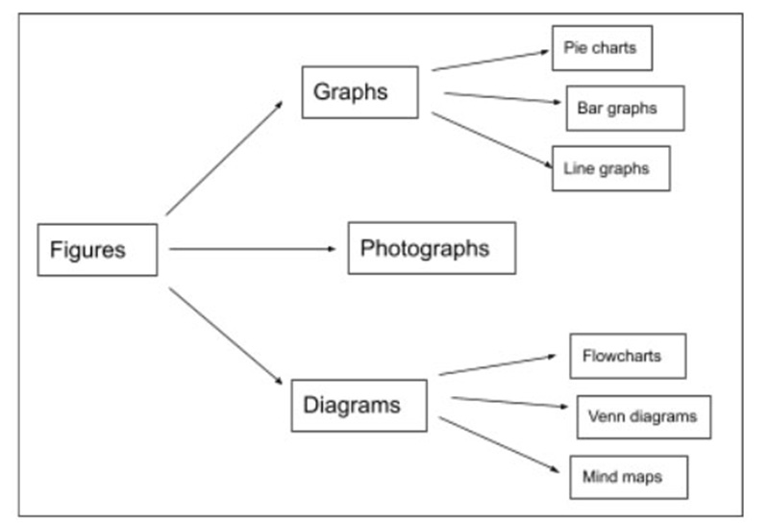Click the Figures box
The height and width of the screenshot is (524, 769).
[97, 250]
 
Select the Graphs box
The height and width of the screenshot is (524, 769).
[360, 92]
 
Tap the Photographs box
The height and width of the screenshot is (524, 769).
[431, 248]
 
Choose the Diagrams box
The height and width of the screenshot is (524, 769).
[359, 405]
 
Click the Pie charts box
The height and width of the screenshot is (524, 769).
[602, 48]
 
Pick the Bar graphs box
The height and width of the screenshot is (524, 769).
[625, 108]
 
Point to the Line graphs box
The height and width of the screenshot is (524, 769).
[610, 169]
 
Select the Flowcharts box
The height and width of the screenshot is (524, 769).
[628, 357]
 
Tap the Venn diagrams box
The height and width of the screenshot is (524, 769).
[643, 417]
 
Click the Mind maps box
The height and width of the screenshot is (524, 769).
[628, 477]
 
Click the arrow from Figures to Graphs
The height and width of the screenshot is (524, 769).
[224, 158]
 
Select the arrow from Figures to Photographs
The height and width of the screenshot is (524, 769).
[252, 249]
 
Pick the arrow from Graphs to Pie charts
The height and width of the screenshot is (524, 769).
[490, 61]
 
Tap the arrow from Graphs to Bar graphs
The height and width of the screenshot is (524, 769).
[502, 97]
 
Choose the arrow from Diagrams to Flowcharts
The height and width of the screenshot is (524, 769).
[497, 364]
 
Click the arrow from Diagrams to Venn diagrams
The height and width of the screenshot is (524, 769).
[509, 402]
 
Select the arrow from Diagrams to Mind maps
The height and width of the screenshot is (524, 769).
[499, 443]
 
